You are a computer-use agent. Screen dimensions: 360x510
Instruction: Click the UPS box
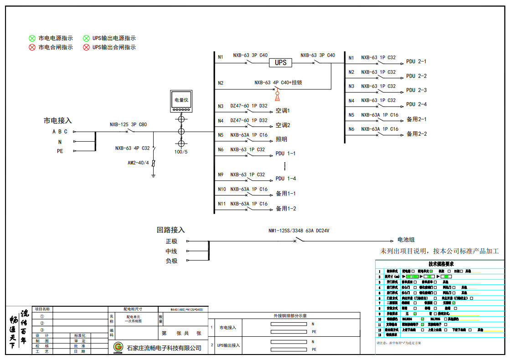click(280, 62)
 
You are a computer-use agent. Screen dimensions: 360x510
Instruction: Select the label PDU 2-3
click(416, 90)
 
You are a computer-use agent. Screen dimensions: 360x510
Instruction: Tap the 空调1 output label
click(283, 111)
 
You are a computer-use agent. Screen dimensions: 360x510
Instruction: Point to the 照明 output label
click(281, 139)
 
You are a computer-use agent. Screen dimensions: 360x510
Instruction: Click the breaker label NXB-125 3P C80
click(128, 124)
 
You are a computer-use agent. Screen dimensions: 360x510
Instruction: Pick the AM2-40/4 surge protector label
click(138, 163)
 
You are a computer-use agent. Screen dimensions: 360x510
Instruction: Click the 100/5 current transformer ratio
click(181, 151)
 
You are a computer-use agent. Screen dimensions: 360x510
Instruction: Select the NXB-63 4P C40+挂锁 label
click(278, 82)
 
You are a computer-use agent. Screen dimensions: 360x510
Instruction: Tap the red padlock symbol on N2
click(277, 96)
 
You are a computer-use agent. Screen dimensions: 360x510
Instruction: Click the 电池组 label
click(406, 240)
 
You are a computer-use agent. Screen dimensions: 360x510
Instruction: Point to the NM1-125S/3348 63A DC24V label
click(299, 231)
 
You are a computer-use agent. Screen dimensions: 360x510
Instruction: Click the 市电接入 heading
click(58, 121)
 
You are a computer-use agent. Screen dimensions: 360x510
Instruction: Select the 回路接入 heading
click(171, 230)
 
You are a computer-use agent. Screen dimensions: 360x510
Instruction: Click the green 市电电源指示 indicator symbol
click(32, 38)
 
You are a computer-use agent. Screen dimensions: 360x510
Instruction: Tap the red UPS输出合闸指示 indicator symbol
click(86, 47)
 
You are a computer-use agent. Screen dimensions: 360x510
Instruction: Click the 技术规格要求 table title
click(441, 264)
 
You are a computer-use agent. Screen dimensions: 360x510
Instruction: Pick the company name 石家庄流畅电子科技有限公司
click(164, 348)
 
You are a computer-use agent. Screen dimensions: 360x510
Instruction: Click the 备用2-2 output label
click(417, 134)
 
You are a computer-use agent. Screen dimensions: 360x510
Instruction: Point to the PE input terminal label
click(60, 151)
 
